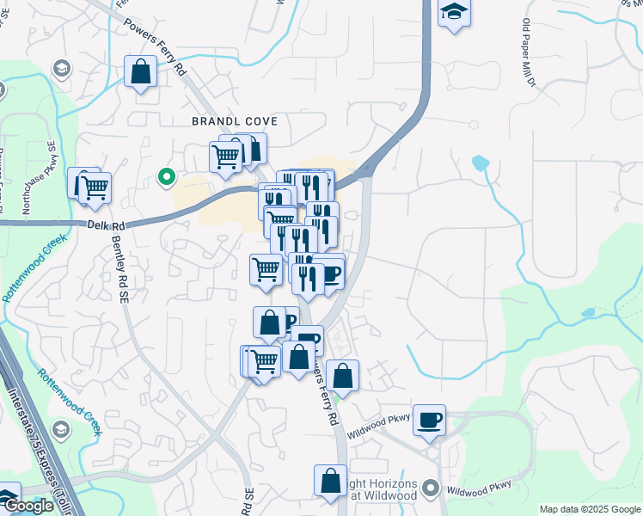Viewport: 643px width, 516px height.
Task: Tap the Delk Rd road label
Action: click(x=107, y=225)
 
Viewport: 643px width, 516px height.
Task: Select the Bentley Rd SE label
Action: click(x=119, y=276)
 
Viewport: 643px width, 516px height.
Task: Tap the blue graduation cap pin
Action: click(x=453, y=14)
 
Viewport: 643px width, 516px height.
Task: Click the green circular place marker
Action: click(x=167, y=178)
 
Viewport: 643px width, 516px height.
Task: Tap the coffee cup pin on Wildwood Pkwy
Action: click(x=429, y=421)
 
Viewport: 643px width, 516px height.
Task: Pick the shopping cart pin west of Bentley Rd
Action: click(x=95, y=187)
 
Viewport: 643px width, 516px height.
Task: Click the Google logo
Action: click(x=28, y=507)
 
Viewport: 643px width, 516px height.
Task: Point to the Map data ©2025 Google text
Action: click(x=589, y=509)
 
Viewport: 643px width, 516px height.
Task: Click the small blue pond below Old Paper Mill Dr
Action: click(x=481, y=162)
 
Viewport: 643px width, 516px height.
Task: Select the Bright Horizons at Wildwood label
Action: click(x=383, y=489)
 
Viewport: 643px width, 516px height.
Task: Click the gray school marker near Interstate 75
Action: click(x=60, y=428)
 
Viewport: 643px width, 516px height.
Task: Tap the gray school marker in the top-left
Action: click(x=61, y=67)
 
